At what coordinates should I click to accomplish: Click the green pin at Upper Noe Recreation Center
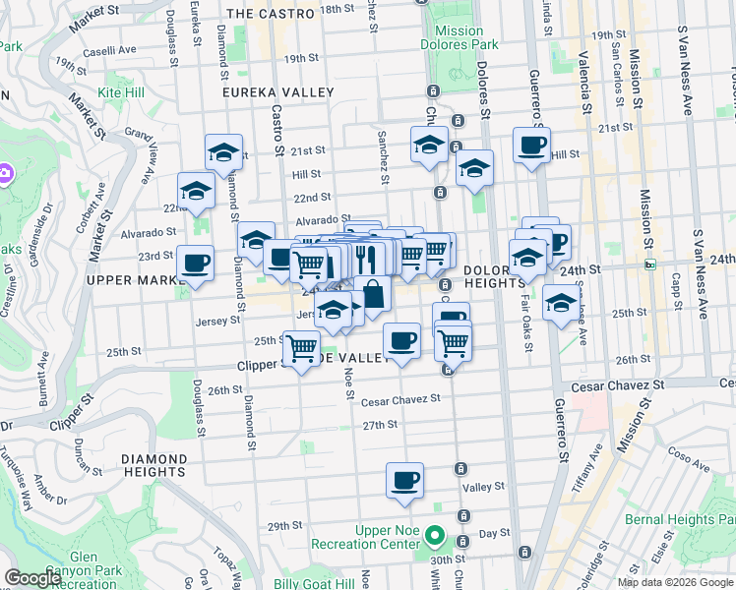click(436, 538)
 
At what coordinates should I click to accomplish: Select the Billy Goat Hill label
click(314, 583)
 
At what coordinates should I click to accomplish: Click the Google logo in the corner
click(32, 578)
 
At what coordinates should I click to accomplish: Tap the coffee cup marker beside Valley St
click(405, 481)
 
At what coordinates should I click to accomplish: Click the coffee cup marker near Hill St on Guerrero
click(531, 146)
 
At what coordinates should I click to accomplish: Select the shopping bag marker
click(374, 292)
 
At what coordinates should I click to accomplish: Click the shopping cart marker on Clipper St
click(301, 347)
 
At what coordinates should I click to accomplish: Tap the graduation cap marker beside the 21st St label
click(224, 152)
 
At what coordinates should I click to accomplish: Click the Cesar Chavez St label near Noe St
click(399, 400)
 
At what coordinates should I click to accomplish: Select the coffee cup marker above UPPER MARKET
click(195, 264)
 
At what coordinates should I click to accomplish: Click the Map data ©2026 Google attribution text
click(675, 582)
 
